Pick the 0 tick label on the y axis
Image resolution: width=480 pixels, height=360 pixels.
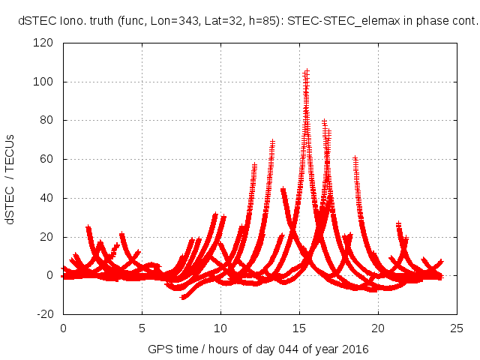50,275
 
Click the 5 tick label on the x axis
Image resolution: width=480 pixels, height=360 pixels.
142,328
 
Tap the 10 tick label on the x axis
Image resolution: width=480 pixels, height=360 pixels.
220,328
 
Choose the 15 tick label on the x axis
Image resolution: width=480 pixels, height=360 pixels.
299,328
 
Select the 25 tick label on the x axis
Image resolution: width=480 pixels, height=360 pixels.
457,328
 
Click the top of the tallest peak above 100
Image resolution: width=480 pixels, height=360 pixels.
307,72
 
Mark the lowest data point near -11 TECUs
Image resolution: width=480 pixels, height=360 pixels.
184,298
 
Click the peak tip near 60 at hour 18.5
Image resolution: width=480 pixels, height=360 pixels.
355,159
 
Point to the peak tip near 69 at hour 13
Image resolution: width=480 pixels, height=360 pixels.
272,141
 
